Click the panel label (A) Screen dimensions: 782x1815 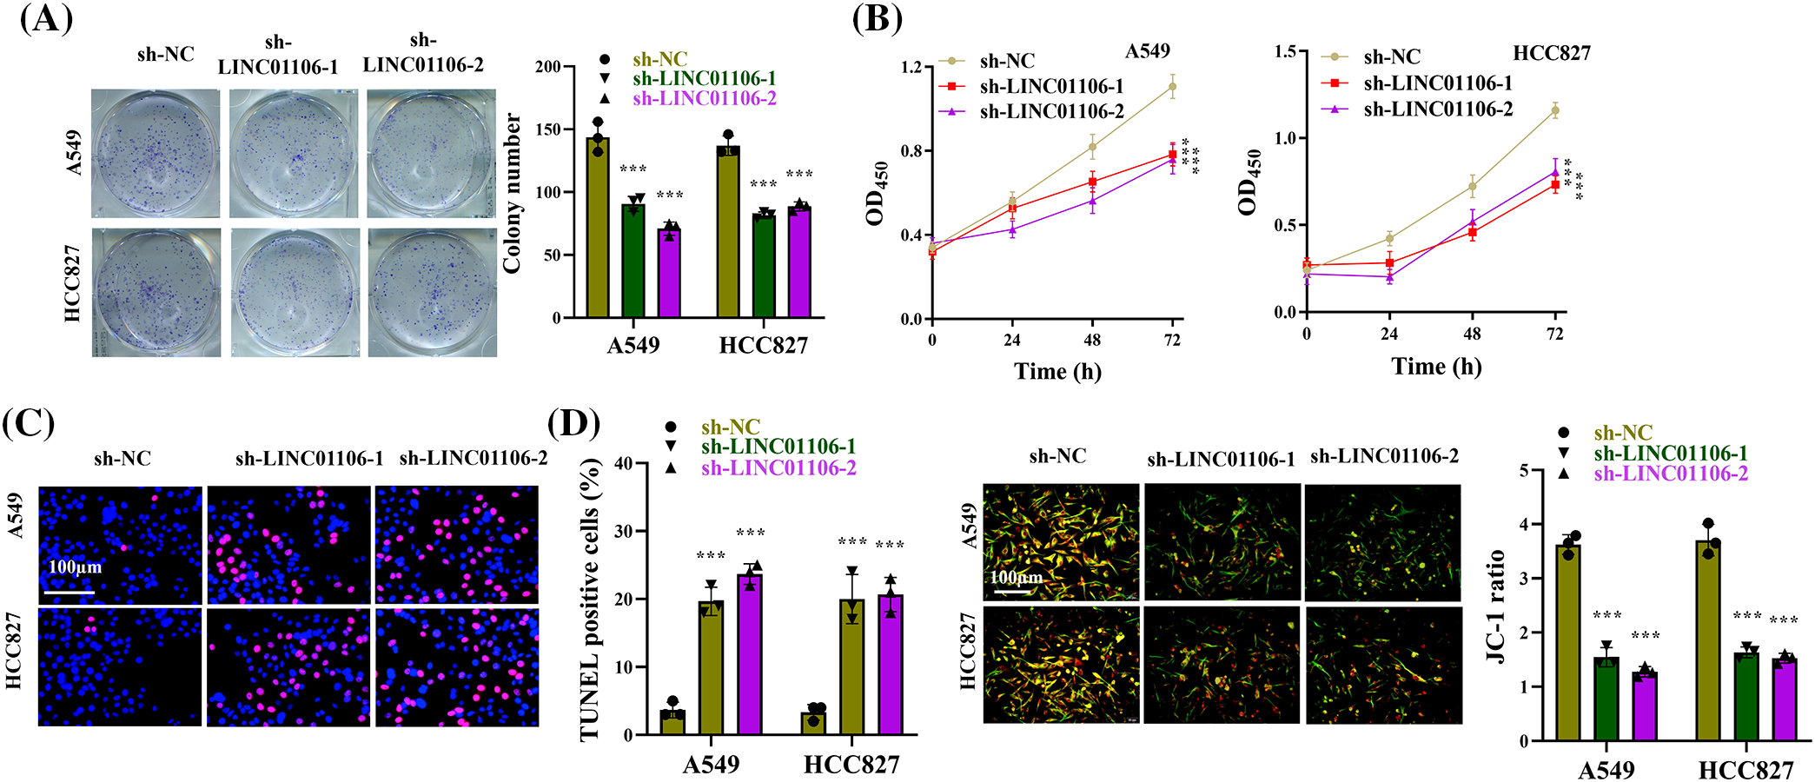tap(45, 19)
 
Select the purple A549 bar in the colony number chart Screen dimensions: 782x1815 tap(669, 273)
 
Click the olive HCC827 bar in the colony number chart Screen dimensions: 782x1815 tap(728, 232)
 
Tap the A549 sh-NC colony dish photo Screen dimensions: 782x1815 tap(156, 154)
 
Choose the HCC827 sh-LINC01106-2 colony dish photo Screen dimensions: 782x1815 tap(432, 293)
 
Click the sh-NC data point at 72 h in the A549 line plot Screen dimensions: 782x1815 tap(1172, 87)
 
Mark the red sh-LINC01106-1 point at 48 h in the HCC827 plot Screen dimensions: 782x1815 tap(1472, 232)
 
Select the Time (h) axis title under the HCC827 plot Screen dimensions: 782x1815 tap(1436, 367)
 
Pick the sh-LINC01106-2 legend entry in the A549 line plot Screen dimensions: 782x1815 tap(1051, 112)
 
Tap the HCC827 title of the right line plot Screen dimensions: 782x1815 tap(1551, 54)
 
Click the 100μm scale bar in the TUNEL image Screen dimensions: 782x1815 tap(69, 592)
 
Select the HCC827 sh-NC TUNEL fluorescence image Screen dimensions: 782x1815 tap(120, 667)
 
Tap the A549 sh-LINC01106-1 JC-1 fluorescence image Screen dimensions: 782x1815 tap(1222, 542)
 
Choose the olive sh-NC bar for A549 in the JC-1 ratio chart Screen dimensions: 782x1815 tap(1568, 642)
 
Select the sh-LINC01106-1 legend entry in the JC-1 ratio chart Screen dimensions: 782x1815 tap(1670, 454)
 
